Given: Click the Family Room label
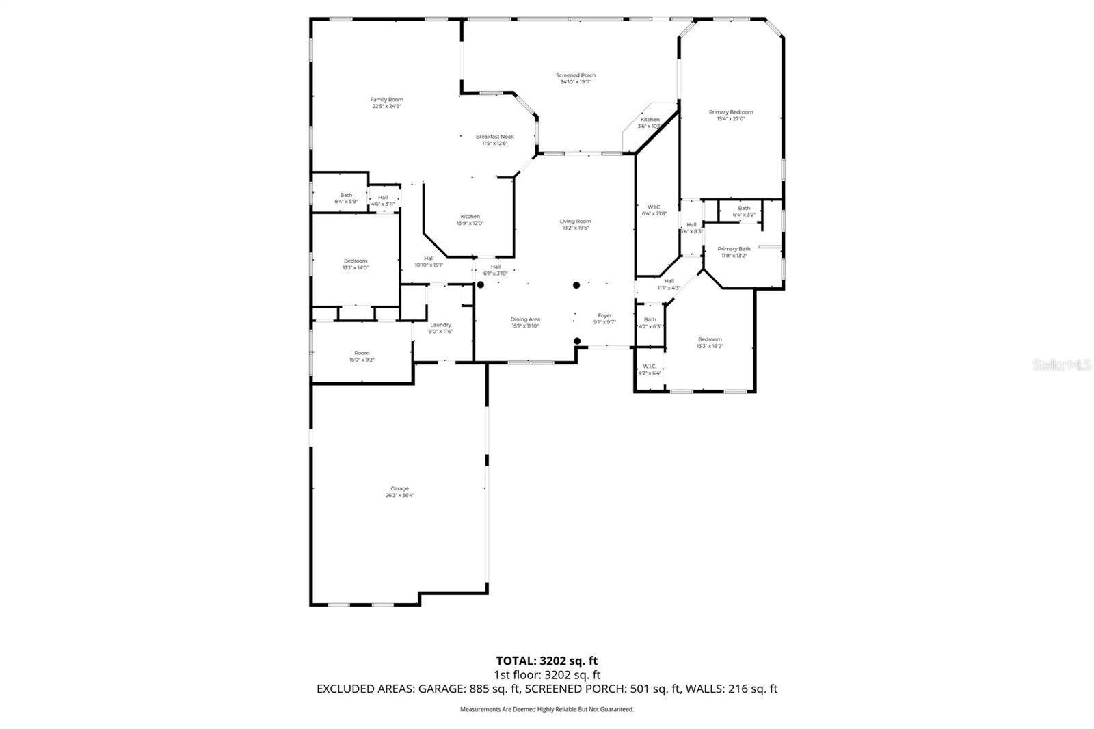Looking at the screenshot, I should tap(386, 100).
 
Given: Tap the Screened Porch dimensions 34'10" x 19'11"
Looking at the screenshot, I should tap(575, 82).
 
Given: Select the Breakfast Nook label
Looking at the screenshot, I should tap(494, 137).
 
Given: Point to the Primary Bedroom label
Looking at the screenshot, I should tap(730, 112).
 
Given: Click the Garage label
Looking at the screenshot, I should tap(399, 488).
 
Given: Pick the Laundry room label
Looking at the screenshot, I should tap(440, 325).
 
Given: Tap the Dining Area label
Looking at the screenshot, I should tap(525, 319).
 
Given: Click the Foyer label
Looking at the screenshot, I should tap(604, 315).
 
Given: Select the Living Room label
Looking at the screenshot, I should tap(575, 221).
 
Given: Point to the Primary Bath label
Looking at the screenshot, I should tap(734, 249).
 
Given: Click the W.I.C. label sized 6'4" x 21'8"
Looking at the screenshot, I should tap(654, 207).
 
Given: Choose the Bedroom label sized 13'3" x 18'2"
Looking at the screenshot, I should tap(710, 339).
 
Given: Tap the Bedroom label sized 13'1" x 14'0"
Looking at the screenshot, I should tap(356, 261).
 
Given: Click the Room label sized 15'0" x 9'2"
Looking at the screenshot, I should tap(362, 353).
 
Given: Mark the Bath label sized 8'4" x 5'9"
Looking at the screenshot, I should tap(346, 195).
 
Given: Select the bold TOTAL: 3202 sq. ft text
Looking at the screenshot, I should tap(546, 661).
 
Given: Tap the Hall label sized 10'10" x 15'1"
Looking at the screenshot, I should tap(429, 258).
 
